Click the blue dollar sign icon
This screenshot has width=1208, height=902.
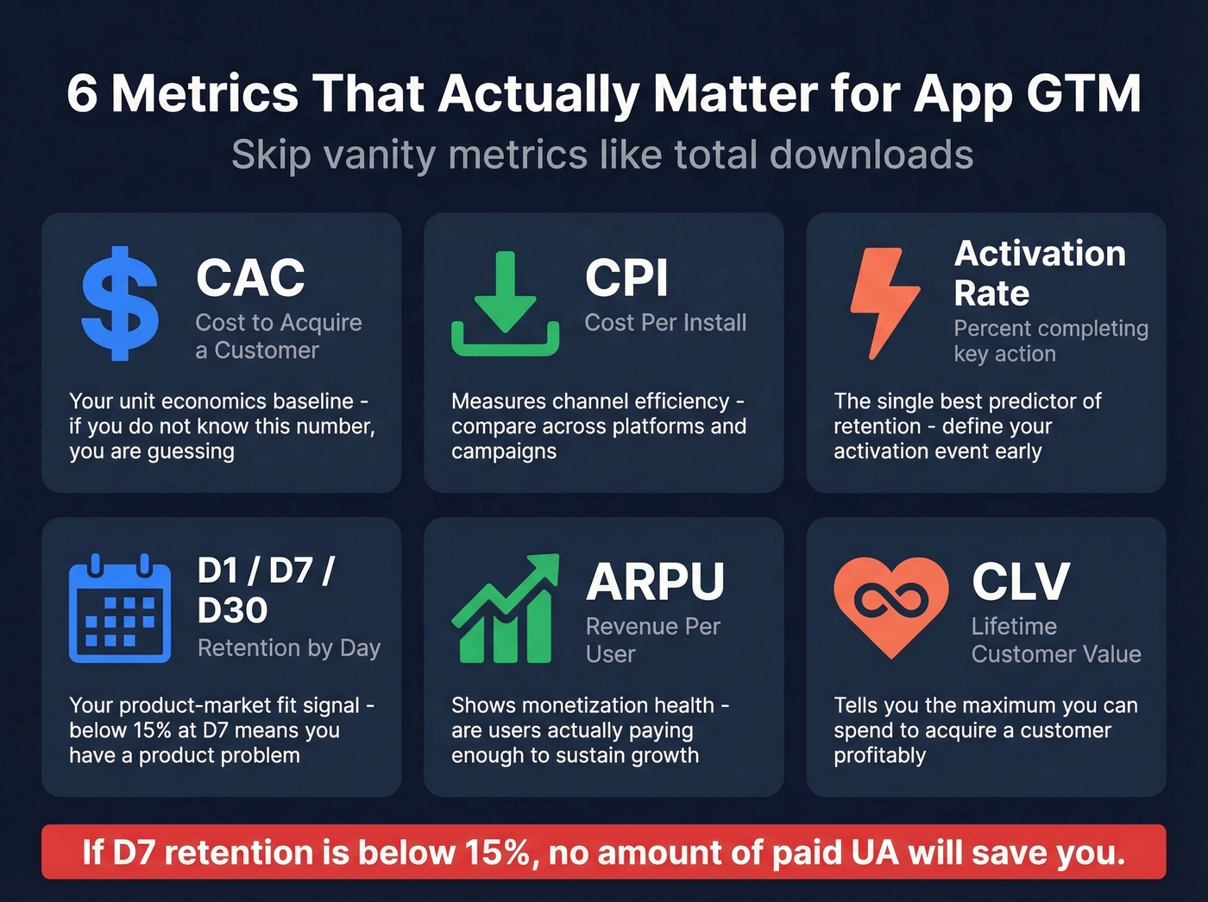[x=120, y=303]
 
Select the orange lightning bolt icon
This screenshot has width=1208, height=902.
[x=884, y=302]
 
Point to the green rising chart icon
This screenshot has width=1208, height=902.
[x=506, y=609]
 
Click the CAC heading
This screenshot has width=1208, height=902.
[x=250, y=278]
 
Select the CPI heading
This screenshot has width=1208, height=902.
[x=626, y=278]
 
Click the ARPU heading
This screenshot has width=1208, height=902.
[x=655, y=582]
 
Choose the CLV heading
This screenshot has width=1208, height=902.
[x=1021, y=582]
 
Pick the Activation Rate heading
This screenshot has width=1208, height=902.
[x=1040, y=273]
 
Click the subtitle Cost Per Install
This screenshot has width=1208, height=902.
[x=665, y=323]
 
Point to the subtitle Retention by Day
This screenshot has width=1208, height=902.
[x=289, y=648]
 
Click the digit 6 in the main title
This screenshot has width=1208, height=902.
[x=82, y=93]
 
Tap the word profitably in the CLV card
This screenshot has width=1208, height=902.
[x=879, y=755]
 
